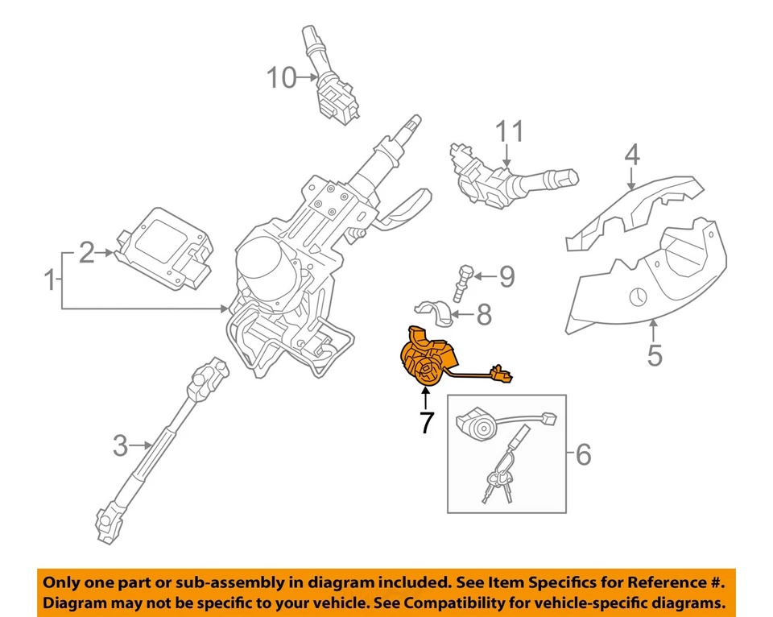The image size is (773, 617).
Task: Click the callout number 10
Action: (282, 78)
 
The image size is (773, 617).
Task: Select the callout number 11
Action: (509, 132)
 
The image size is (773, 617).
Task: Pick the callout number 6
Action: (583, 456)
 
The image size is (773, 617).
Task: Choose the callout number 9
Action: (506, 277)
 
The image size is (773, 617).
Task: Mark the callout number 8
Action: (483, 314)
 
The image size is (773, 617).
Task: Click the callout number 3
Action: (120, 444)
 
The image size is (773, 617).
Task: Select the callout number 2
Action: (87, 254)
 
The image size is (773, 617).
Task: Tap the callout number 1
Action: (51, 281)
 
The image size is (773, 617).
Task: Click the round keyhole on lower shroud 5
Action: (637, 296)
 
